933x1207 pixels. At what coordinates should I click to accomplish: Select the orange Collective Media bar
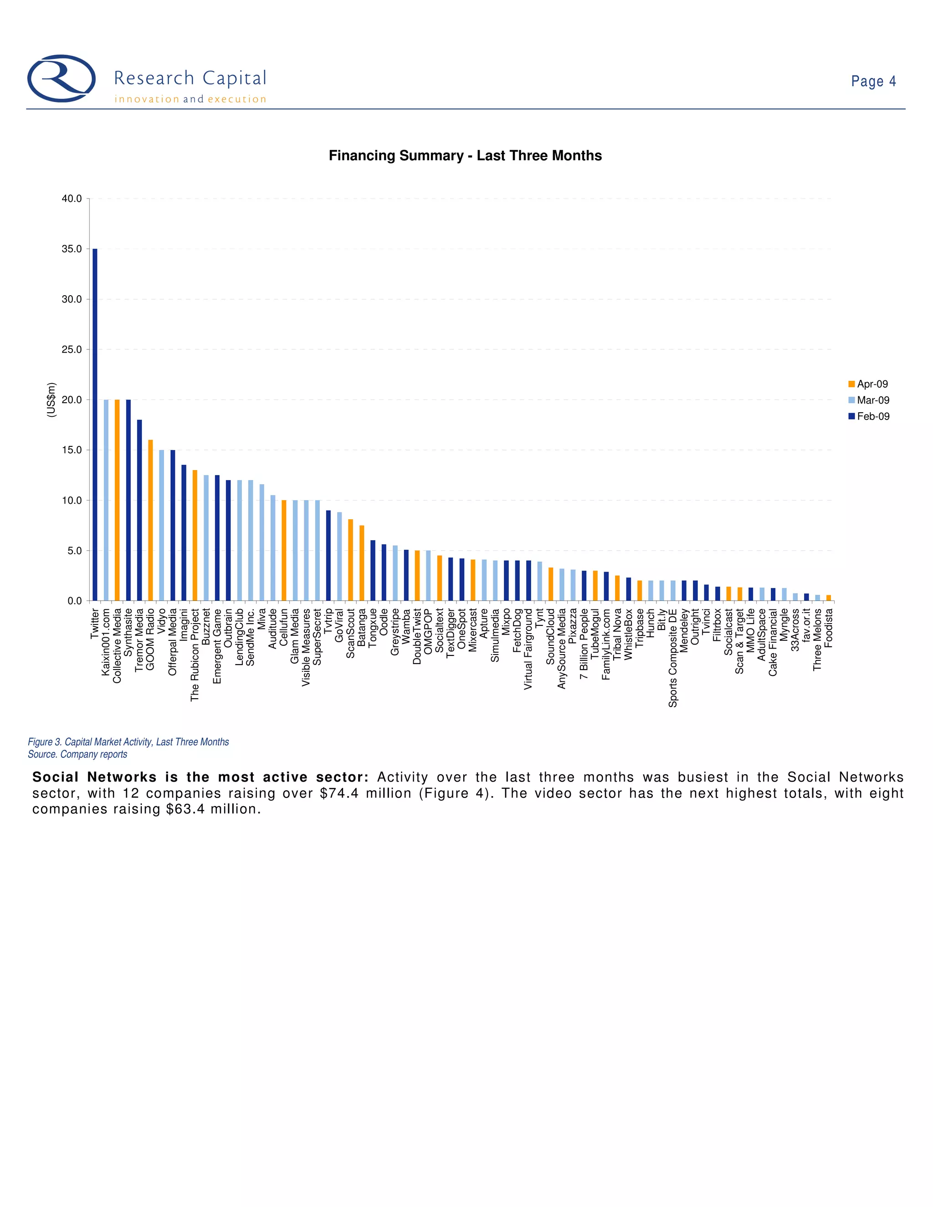click(117, 500)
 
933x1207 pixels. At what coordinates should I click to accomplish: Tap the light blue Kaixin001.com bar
click(106, 500)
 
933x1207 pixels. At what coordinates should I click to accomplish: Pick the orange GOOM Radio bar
click(150, 520)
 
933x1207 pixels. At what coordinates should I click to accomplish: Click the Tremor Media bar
click(139, 510)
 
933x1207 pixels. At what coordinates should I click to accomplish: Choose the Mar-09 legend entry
click(869, 400)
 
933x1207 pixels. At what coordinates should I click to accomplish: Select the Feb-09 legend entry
click(869, 416)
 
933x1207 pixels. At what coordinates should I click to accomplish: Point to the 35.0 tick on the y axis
click(72, 249)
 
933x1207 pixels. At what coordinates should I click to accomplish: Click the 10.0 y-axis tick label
click(72, 501)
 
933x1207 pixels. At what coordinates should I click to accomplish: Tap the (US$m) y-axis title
click(51, 399)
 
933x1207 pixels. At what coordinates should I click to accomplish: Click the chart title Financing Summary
click(465, 156)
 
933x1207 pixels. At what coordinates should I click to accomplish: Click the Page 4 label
click(873, 81)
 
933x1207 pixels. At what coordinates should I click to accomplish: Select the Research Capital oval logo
click(62, 78)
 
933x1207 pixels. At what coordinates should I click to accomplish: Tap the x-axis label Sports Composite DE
click(673, 658)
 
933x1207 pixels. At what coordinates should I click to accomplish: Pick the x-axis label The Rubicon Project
click(195, 655)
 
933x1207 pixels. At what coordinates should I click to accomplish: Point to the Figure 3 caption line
click(128, 742)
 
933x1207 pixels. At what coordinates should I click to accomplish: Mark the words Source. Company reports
click(77, 754)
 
